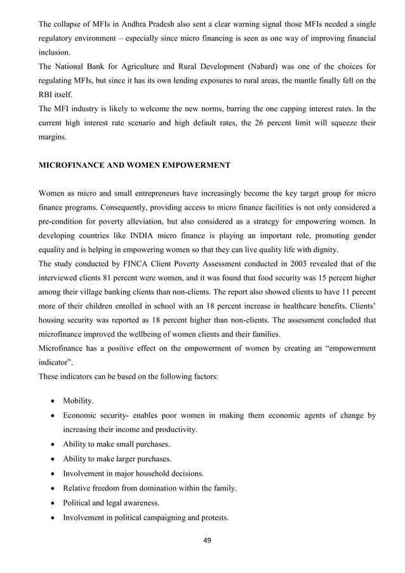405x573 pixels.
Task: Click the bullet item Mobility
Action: [78, 401]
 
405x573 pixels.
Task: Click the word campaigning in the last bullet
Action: [176, 517]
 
